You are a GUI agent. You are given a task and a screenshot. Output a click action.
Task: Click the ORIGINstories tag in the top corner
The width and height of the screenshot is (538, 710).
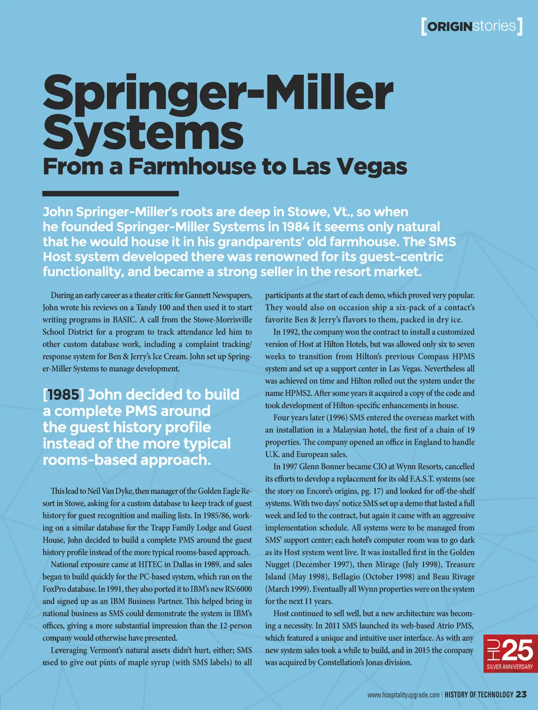pyautogui.click(x=471, y=26)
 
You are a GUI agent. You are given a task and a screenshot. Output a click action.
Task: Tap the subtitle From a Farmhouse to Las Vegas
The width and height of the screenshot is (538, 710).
pyautogui.click(x=225, y=167)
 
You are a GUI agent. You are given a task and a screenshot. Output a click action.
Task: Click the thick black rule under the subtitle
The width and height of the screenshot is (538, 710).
pyautogui.click(x=110, y=194)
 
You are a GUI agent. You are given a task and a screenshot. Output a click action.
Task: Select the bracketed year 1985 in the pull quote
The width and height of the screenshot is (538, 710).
pyautogui.click(x=63, y=394)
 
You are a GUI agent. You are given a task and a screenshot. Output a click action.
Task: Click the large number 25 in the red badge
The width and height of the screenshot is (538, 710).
pyautogui.click(x=517, y=651)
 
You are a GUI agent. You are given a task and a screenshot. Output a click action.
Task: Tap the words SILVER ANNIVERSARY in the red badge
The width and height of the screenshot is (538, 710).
pyautogui.click(x=510, y=667)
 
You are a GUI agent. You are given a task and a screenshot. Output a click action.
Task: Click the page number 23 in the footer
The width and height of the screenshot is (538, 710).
pyautogui.click(x=521, y=694)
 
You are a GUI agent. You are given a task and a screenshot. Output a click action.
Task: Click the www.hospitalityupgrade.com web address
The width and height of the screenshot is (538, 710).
pyautogui.click(x=403, y=695)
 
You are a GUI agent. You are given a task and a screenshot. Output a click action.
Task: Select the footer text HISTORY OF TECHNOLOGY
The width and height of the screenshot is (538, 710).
pyautogui.click(x=479, y=695)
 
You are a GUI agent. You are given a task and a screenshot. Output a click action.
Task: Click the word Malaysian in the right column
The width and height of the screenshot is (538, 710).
pyautogui.click(x=353, y=430)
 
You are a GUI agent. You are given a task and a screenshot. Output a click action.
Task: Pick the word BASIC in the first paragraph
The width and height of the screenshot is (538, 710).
pyautogui.click(x=124, y=320)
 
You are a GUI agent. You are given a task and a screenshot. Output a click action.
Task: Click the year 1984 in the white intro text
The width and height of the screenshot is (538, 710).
pyautogui.click(x=296, y=227)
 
